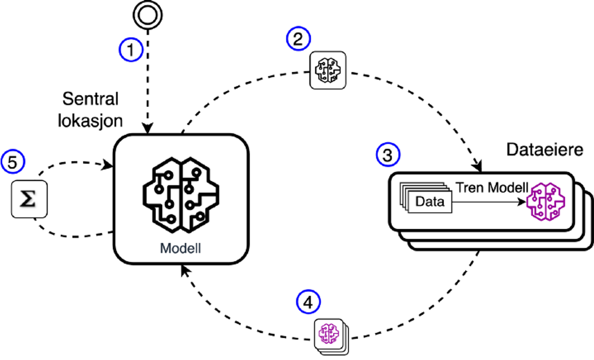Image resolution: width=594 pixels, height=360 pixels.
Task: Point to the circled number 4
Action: point(308,302)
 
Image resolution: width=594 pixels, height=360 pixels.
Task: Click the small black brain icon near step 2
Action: point(327,71)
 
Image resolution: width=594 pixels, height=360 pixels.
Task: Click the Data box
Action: point(430,202)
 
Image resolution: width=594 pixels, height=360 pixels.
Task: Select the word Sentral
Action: point(91,100)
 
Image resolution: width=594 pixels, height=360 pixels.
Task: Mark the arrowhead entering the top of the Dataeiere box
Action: point(479,164)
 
